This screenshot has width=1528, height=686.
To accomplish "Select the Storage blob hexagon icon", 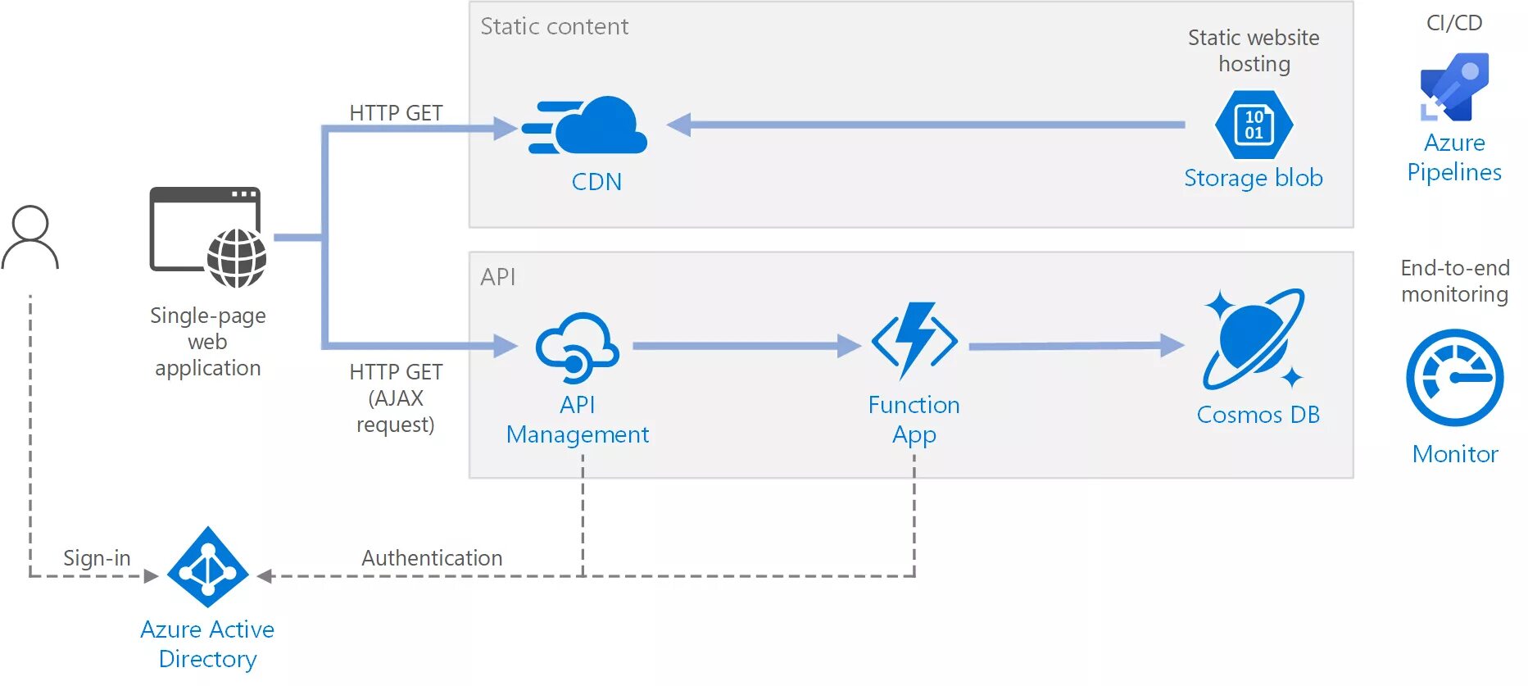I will click(x=1254, y=125).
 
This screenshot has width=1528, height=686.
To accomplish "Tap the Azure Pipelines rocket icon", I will click(x=1454, y=87).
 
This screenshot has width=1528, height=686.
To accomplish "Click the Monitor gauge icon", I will click(x=1454, y=378).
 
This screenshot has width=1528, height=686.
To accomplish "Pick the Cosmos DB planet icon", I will click(x=1254, y=338).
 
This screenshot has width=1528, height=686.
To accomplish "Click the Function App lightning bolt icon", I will click(x=914, y=340).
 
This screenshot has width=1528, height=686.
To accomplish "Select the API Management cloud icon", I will click(x=577, y=348).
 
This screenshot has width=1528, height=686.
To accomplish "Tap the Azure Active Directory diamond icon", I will click(x=207, y=567).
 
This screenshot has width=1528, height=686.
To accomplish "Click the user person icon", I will click(x=30, y=238).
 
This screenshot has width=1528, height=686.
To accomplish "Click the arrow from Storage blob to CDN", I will click(x=926, y=125).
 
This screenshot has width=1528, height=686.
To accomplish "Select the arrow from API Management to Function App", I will click(x=746, y=346).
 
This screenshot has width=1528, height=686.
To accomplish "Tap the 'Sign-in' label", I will click(x=97, y=558).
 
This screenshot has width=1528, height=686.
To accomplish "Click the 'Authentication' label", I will click(x=432, y=558).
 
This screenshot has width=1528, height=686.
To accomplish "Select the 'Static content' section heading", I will click(x=554, y=27).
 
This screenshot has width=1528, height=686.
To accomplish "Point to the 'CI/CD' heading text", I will click(x=1454, y=23).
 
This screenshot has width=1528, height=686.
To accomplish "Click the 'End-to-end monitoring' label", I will click(x=1454, y=281).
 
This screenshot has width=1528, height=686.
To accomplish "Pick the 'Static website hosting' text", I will click(x=1254, y=51).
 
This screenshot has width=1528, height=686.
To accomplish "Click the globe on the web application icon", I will click(x=237, y=258).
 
